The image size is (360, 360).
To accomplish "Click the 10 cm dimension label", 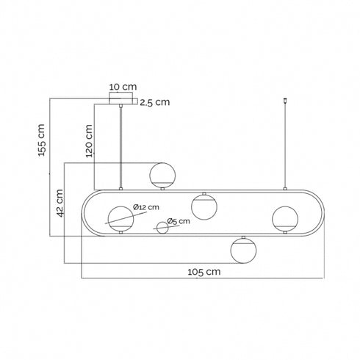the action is (123, 87).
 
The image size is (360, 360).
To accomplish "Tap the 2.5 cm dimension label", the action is (155, 102).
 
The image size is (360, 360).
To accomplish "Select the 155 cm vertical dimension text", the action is (41, 140).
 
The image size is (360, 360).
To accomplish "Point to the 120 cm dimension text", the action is (89, 141).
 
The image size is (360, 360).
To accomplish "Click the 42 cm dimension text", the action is (60, 204).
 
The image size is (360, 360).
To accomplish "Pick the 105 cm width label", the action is (204, 272).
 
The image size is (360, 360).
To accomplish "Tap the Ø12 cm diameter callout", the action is (146, 207).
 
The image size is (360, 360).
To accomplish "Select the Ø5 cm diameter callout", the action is (179, 221).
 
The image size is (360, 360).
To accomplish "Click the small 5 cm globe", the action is (162, 228).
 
